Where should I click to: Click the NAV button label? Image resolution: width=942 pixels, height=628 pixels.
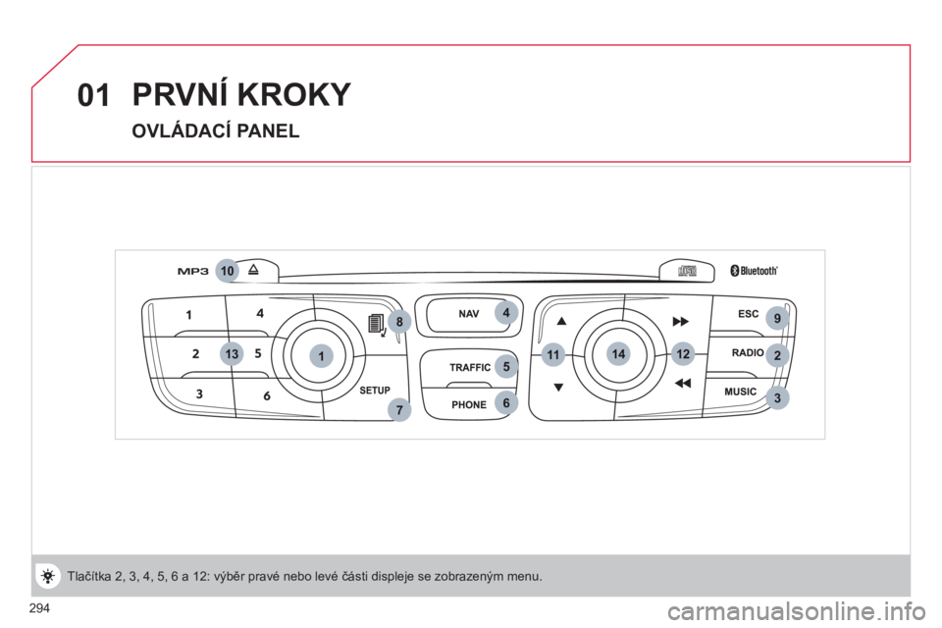pyautogui.click(x=469, y=314)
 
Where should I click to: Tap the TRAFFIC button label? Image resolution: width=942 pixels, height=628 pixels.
pyautogui.click(x=470, y=367)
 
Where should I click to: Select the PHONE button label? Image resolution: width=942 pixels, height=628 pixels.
pyautogui.click(x=469, y=404)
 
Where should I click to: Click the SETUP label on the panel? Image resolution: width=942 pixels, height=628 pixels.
pyautogui.click(x=375, y=390)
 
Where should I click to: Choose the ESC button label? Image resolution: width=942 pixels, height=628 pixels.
pyautogui.click(x=749, y=314)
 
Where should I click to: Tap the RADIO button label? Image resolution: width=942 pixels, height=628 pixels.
pyautogui.click(x=748, y=353)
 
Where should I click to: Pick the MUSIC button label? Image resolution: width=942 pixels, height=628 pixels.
pyautogui.click(x=740, y=392)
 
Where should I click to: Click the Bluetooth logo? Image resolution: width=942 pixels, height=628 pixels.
pyautogui.click(x=754, y=271)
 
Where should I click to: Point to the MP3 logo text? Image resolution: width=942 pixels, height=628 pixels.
pyautogui.click(x=193, y=271)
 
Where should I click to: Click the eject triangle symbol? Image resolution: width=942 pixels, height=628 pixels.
pyautogui.click(x=253, y=269)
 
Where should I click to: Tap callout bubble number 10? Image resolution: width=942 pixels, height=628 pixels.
pyautogui.click(x=227, y=271)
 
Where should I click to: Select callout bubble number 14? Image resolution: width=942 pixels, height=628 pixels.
pyautogui.click(x=618, y=354)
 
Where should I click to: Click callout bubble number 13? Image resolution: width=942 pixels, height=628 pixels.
pyautogui.click(x=232, y=354)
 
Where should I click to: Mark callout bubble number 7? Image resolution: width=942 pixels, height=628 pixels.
pyautogui.click(x=399, y=410)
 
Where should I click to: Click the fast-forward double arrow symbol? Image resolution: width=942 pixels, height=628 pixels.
pyautogui.click(x=680, y=322)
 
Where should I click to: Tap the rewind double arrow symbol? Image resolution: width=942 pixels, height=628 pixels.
pyautogui.click(x=683, y=383)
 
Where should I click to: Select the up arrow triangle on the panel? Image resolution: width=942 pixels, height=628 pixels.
pyautogui.click(x=561, y=321)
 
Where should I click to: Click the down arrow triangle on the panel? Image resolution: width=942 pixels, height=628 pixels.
pyautogui.click(x=558, y=388)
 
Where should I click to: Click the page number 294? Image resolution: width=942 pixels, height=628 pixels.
pyautogui.click(x=39, y=608)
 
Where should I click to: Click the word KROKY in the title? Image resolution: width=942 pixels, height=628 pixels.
pyautogui.click(x=293, y=94)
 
